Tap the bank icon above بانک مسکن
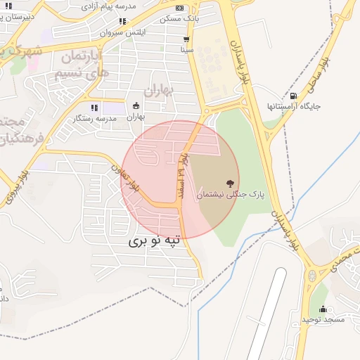(x=179, y=8)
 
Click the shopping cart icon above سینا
(x=186, y=39)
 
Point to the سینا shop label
(x=186, y=51)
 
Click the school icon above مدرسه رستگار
(x=94, y=108)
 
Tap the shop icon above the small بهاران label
(x=136, y=106)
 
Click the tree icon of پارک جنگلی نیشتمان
(x=231, y=183)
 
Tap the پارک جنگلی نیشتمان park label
(x=232, y=195)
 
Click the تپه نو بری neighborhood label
(x=154, y=240)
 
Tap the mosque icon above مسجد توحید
(x=323, y=309)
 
